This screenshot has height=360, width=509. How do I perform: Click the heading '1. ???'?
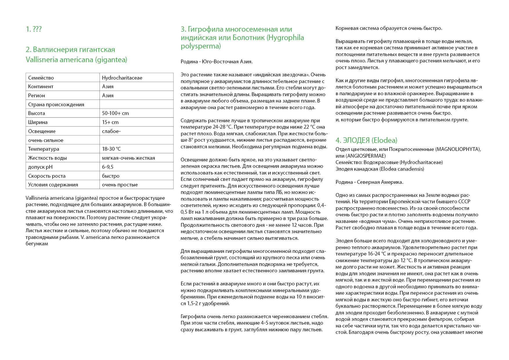34,29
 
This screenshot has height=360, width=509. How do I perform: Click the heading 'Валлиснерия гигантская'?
71,49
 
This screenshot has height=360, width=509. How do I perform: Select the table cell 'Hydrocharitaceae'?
122,78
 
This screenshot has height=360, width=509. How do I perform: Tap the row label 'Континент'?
41,87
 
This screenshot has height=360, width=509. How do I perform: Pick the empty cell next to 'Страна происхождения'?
136,105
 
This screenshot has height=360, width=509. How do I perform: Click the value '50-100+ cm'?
115,113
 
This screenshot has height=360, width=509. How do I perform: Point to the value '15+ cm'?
110,122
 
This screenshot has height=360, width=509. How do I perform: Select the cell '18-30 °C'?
111,149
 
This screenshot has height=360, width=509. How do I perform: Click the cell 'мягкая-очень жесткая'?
128,158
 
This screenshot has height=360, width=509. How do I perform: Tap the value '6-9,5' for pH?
108,167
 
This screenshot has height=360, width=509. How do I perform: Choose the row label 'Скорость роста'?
47,176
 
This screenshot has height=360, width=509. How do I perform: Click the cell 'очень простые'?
120,185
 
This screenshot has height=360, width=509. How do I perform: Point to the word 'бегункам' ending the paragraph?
37,244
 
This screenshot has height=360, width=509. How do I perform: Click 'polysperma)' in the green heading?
201,46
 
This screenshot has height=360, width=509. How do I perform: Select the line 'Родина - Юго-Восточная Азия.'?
216,62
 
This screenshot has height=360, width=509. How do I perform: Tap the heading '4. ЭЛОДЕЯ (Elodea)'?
366,140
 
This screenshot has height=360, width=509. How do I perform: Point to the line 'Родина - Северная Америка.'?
369,182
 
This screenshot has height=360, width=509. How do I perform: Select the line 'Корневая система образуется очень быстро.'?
389,28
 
